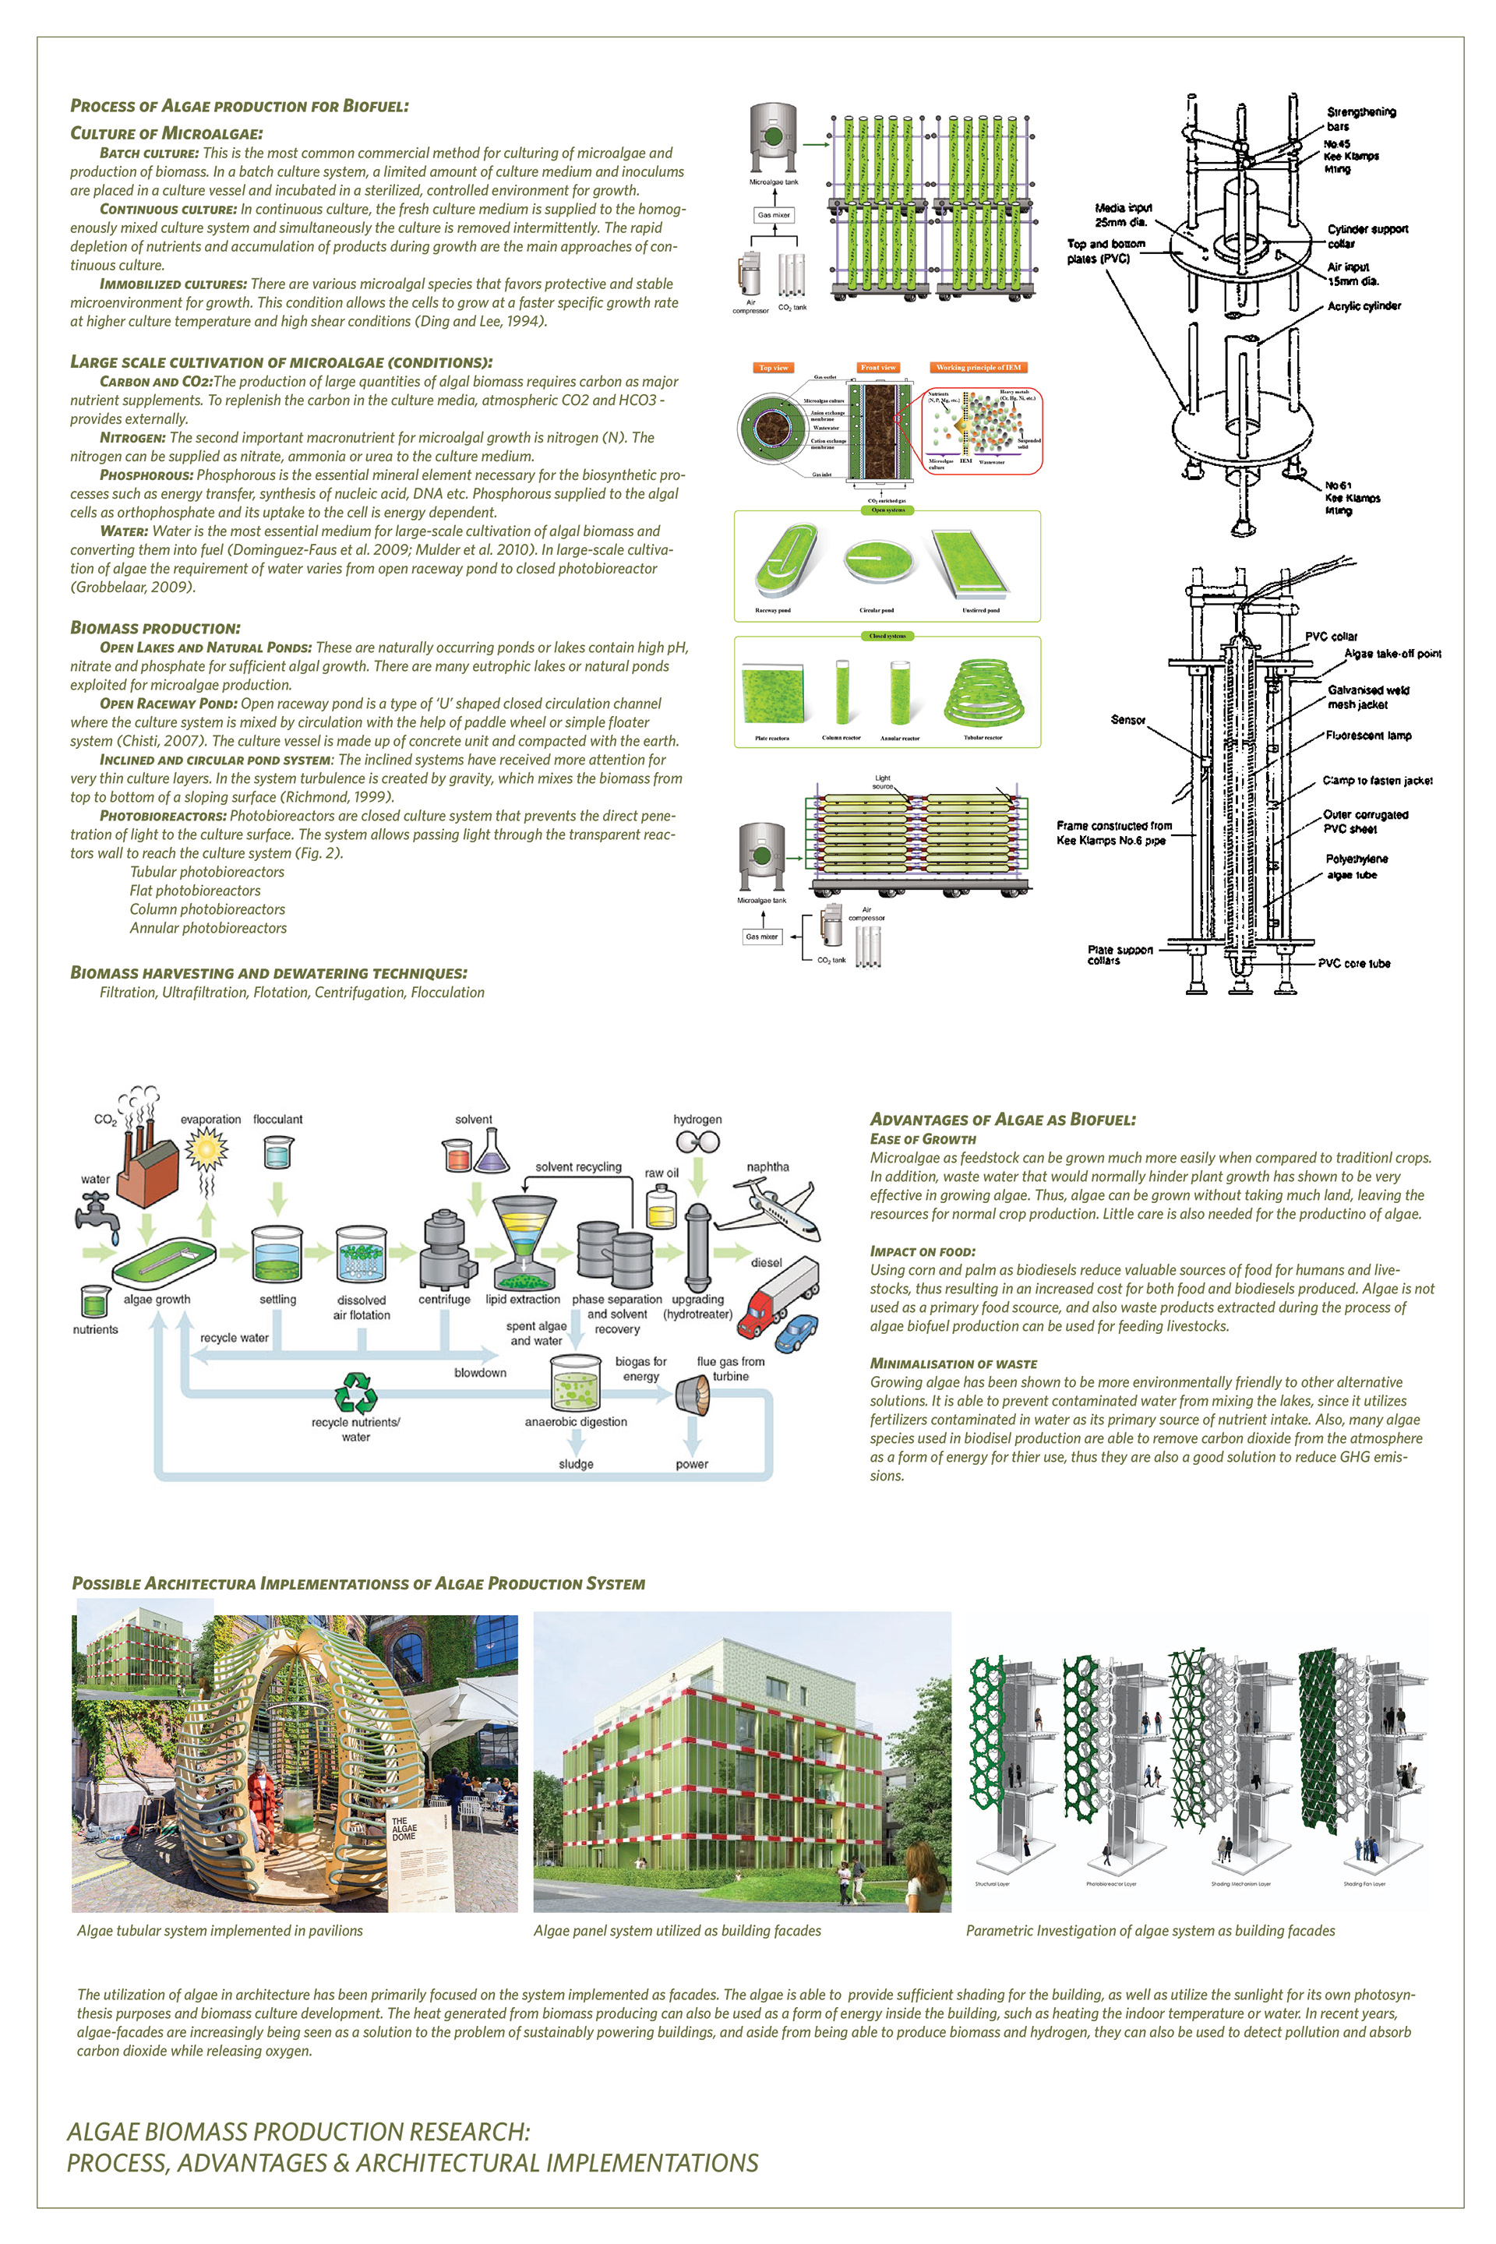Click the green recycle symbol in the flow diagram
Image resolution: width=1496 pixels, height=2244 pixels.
(356, 1392)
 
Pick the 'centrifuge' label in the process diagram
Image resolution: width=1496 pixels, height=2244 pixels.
(443, 1300)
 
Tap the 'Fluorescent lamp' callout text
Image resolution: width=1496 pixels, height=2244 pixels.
(1368, 736)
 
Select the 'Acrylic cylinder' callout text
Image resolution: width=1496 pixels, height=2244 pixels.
(1364, 306)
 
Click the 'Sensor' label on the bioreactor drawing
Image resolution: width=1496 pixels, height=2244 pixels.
(1127, 720)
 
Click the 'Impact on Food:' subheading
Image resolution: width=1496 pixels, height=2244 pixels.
(922, 1251)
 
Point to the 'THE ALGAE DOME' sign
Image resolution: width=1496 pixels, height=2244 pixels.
(404, 1828)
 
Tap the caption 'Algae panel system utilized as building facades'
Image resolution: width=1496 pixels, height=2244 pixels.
(676, 1930)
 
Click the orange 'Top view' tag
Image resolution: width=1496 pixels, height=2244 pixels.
(774, 367)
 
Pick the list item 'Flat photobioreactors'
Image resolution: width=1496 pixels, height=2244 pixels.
(195, 890)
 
